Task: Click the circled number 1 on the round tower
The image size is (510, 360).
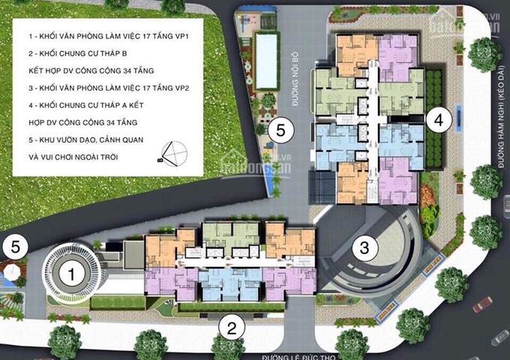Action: click(71, 274)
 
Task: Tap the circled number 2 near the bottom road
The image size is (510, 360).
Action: click(232, 326)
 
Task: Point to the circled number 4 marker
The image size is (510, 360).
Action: click(440, 118)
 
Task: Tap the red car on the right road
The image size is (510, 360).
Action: click(483, 304)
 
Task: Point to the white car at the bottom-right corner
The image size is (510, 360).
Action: click(499, 337)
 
